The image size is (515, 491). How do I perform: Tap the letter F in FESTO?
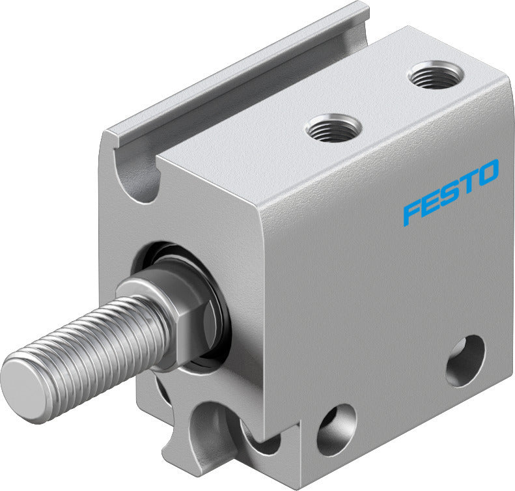coord(411,212)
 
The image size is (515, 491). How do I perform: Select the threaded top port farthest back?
coord(434,76)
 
